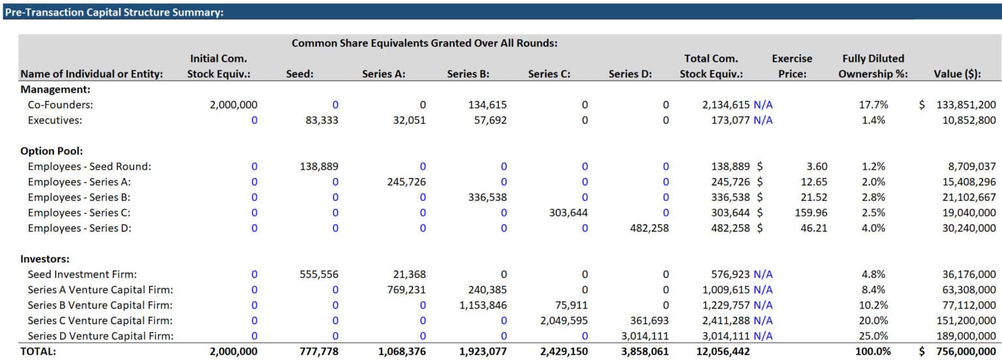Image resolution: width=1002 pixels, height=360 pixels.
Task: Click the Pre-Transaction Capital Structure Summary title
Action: point(114,12)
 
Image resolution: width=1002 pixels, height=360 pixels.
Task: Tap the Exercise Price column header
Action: point(791,66)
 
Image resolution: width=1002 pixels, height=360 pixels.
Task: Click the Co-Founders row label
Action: point(55,104)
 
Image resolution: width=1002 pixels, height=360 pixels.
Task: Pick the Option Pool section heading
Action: point(49,151)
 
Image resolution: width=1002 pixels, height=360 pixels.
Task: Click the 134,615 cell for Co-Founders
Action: point(487,104)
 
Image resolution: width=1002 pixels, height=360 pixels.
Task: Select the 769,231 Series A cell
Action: point(406,290)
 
